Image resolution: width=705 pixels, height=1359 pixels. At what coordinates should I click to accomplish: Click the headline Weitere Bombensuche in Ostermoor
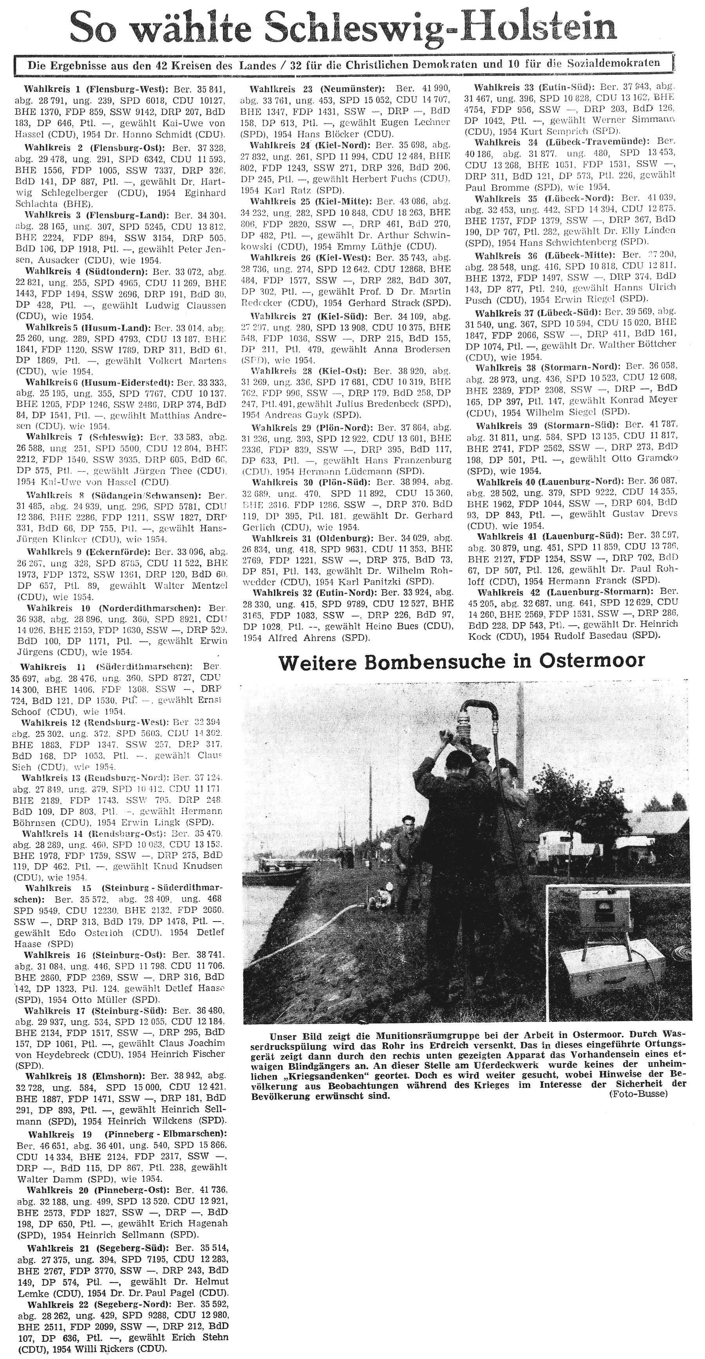(461, 661)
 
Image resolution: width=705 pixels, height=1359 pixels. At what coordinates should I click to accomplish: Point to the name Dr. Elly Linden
(641, 231)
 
